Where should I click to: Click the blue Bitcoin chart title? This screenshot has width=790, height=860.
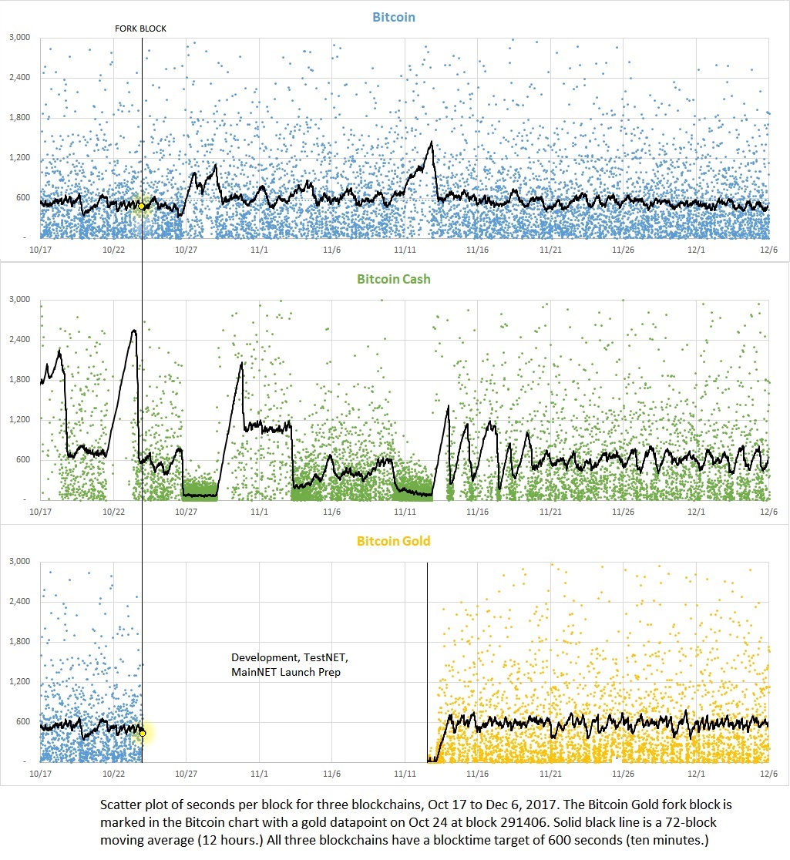click(x=395, y=16)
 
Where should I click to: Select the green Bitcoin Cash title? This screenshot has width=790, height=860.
click(x=395, y=278)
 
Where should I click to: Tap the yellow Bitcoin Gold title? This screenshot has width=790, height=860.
click(x=395, y=541)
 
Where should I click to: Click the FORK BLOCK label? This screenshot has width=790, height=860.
click(x=140, y=29)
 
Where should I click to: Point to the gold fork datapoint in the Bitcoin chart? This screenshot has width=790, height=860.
click(x=142, y=207)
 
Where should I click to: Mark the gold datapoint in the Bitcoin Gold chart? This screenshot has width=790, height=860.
click(x=143, y=733)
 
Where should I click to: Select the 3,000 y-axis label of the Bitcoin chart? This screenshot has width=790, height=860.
click(x=19, y=37)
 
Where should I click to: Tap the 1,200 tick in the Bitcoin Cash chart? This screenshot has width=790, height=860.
click(x=19, y=419)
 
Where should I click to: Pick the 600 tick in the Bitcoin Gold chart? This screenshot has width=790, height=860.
click(x=24, y=721)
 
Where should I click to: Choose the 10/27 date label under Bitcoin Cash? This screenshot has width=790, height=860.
click(x=186, y=512)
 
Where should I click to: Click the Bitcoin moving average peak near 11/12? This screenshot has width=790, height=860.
click(x=431, y=143)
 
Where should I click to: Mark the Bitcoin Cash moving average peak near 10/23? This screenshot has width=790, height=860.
click(x=134, y=331)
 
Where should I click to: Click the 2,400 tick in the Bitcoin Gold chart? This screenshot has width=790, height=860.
click(x=19, y=601)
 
